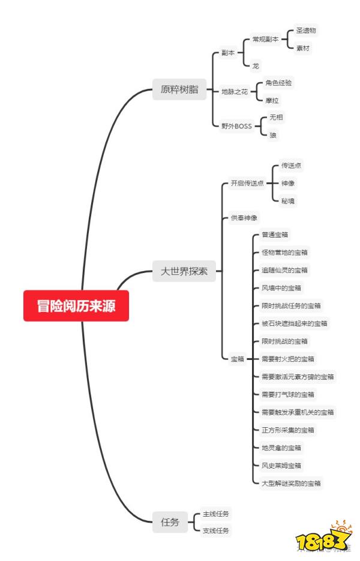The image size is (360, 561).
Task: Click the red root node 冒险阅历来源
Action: (x=76, y=306)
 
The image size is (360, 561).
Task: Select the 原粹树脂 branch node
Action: (x=179, y=90)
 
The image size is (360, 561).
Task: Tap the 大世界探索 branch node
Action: (x=184, y=271)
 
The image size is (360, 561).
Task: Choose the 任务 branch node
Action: (x=170, y=522)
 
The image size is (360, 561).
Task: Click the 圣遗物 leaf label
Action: (x=306, y=30)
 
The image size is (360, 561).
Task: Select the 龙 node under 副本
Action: (x=256, y=65)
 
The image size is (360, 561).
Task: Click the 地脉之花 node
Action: (x=234, y=91)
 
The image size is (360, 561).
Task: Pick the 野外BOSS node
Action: (x=237, y=126)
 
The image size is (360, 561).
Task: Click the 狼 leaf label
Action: (x=273, y=135)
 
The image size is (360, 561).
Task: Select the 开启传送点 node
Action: (x=247, y=183)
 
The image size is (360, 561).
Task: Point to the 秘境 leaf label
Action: (x=288, y=200)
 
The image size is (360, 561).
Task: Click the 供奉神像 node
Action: (x=244, y=218)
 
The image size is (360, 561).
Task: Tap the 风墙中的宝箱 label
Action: (x=281, y=288)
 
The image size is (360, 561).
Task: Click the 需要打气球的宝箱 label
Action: (x=287, y=395)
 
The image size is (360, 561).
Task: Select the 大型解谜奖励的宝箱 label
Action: (x=291, y=483)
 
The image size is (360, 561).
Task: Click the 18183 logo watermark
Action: (x=324, y=537)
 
